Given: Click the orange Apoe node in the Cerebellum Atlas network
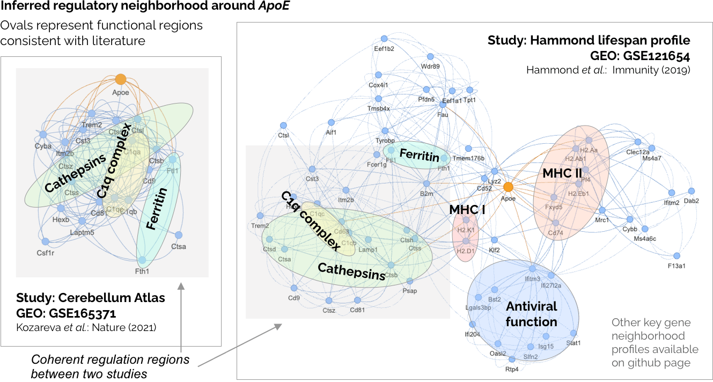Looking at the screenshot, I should click(x=121, y=79).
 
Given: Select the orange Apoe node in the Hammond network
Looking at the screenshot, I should click(x=508, y=187).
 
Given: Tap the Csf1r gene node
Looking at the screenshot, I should click(x=46, y=241).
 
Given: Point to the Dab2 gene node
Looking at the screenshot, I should click(x=691, y=191).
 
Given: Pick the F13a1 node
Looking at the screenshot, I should click(x=677, y=256).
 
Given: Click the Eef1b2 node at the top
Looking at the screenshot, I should click(x=384, y=38).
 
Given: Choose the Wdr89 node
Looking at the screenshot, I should click(x=430, y=56).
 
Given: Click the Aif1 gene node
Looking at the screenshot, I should click(x=330, y=122).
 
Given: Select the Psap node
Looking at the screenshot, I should click(x=410, y=281).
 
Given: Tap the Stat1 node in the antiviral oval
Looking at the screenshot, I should click(x=574, y=333).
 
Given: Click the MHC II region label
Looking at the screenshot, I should click(x=562, y=174).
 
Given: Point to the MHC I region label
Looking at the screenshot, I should click(x=467, y=210).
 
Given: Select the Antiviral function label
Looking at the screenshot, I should click(x=531, y=314).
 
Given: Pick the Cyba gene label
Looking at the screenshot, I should click(x=43, y=146).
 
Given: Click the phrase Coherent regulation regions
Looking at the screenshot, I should click(x=111, y=359).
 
